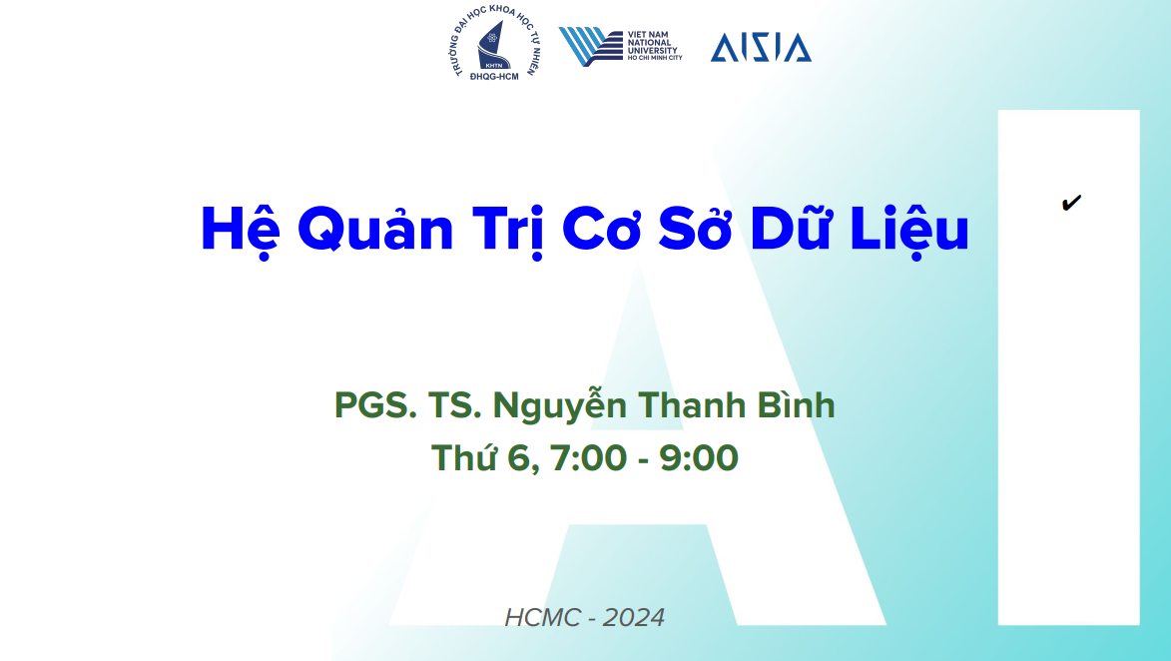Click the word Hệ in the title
tap(240, 231)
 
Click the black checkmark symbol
tap(1071, 203)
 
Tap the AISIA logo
tap(761, 47)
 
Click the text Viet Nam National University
tap(654, 46)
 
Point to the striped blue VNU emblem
tap(590, 46)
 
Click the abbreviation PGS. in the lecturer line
tap(375, 405)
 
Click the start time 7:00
tap(588, 458)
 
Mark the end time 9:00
tap(698, 458)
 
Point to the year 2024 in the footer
tap(633, 618)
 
